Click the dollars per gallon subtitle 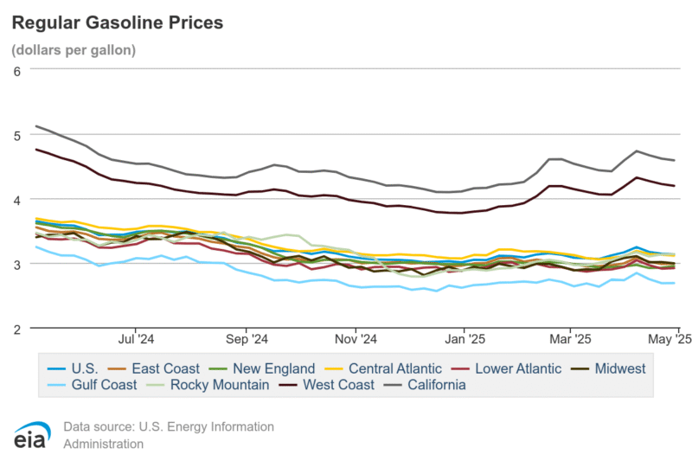(x=74, y=50)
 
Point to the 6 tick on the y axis (x=17, y=70)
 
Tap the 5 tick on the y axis (x=17, y=135)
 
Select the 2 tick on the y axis (x=17, y=329)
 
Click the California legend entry (x=433, y=384)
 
